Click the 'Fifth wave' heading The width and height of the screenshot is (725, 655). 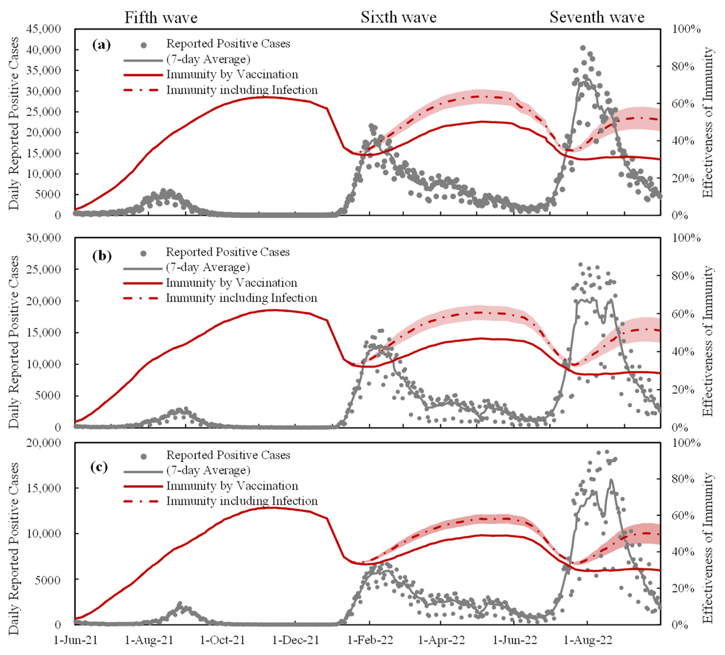161,18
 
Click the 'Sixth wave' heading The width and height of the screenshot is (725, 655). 398,17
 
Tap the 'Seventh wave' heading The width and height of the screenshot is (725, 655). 597,17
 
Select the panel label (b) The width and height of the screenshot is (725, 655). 102,256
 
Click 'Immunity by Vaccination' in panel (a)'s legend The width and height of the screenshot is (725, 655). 232,74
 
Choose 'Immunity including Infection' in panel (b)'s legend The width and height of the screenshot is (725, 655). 241,298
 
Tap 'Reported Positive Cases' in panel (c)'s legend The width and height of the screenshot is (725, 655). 228,455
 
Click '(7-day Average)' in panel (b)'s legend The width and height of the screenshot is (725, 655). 208,267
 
